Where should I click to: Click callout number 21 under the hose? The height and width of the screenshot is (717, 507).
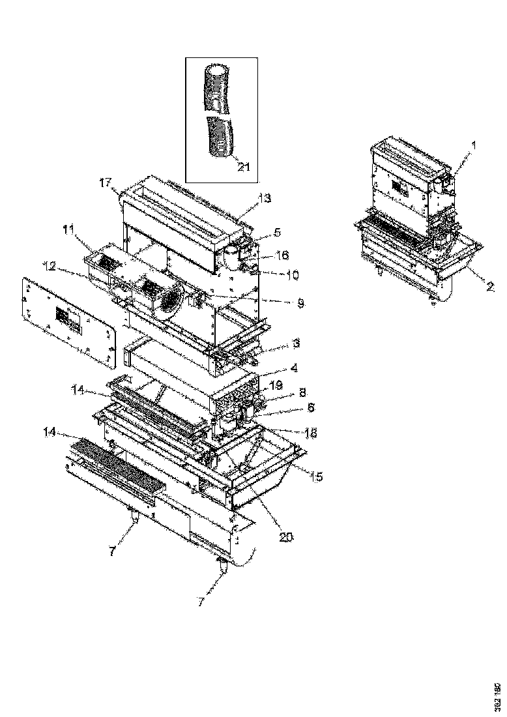[243, 168]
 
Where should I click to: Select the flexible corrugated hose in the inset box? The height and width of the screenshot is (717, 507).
[218, 111]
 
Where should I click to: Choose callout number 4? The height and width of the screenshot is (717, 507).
[295, 368]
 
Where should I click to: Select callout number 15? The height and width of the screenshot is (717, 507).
[316, 476]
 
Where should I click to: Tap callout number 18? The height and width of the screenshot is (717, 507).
[302, 432]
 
